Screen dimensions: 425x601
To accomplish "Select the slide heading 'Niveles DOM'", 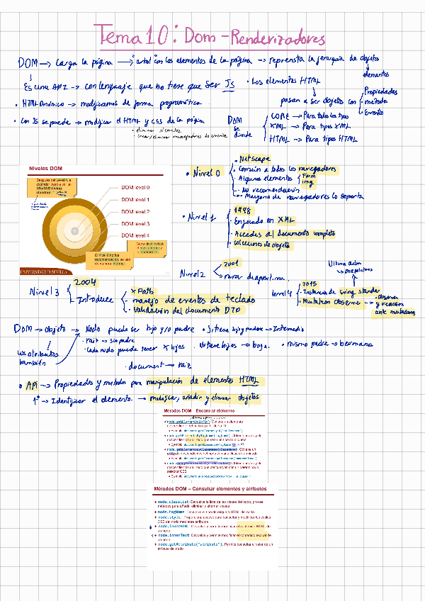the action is [46, 167].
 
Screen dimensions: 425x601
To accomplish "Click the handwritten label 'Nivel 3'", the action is [45, 291].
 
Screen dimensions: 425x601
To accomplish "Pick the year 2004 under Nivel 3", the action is [85, 282].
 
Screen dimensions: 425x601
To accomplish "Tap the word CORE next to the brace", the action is [278, 115].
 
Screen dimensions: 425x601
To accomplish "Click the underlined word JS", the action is [229, 85].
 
